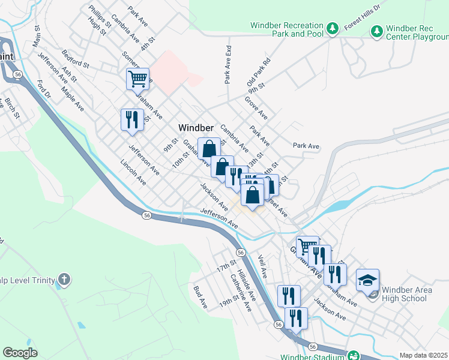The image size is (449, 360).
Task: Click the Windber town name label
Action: (196, 128)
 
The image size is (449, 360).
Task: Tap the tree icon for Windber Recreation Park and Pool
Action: (331, 28)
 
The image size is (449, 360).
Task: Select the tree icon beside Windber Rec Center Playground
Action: (377, 31)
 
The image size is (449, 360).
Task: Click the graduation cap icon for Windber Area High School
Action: (367, 280)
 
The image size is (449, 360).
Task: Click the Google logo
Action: (20, 353)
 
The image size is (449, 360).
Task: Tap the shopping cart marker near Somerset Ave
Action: (137, 79)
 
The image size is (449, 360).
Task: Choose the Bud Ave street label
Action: (200, 297)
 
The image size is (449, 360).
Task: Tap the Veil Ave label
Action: (262, 266)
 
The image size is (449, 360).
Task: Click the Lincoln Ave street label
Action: (133, 172)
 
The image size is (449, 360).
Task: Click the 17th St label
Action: (228, 265)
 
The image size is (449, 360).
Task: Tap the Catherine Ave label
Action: (246, 293)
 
